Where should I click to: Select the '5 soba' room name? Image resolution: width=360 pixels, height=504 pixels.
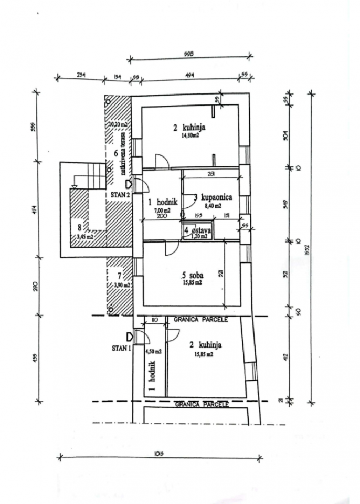pyautogui.click(x=192, y=274)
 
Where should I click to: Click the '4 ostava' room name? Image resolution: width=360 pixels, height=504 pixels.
pyautogui.click(x=197, y=230)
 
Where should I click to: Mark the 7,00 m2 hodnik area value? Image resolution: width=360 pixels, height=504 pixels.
pyautogui.click(x=163, y=210)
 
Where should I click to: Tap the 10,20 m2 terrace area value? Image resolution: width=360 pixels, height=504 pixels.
pyautogui.click(x=118, y=124)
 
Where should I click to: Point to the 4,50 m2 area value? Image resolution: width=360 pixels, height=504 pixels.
pyautogui.click(x=153, y=351)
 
